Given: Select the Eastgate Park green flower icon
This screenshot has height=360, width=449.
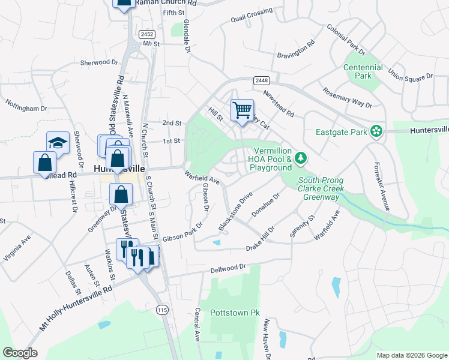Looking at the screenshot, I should (x=376, y=131).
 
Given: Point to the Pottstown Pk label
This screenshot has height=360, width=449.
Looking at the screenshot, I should (x=235, y=313).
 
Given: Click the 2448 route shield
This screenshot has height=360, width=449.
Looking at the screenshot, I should (x=261, y=80).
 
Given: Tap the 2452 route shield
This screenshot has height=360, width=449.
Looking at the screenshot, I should (x=146, y=35).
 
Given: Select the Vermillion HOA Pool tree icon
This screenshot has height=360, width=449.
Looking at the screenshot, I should (x=301, y=158).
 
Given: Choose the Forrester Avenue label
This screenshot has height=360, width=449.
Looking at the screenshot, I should (x=382, y=186).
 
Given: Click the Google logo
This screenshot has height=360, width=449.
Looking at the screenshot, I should (x=20, y=353).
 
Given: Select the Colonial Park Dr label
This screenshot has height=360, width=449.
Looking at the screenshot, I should (x=346, y=39).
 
